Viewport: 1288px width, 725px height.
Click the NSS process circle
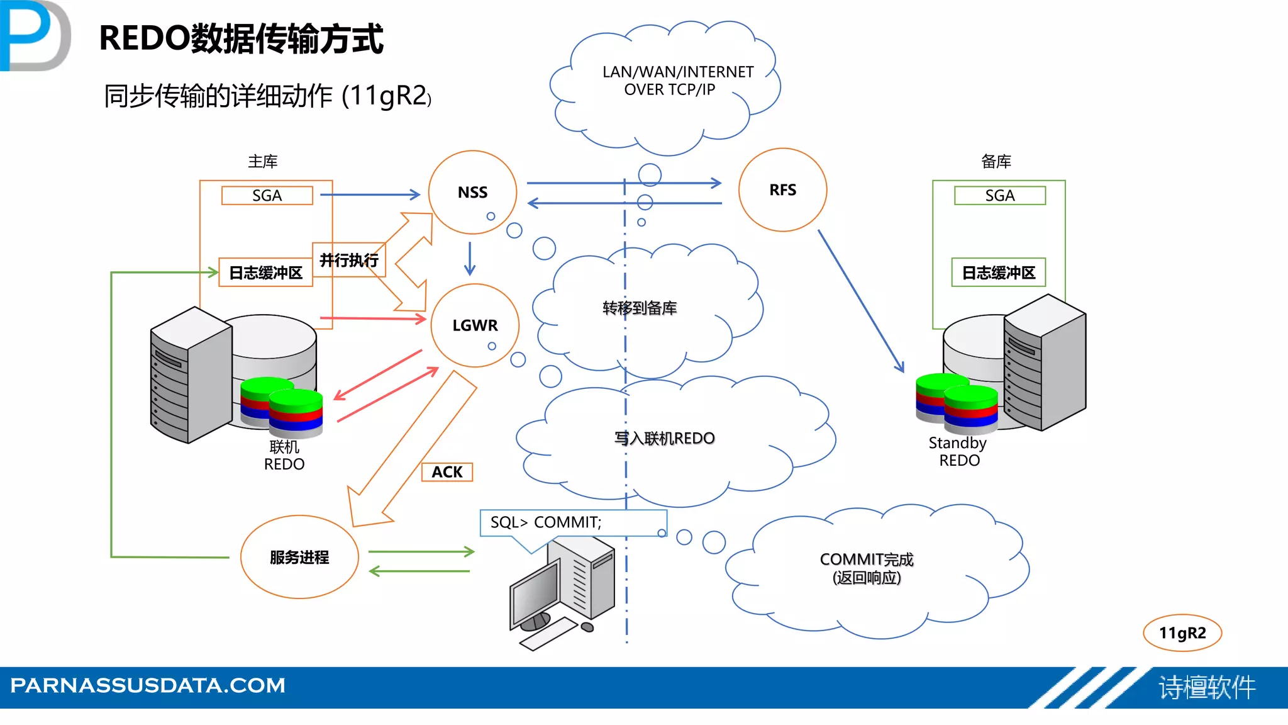point(472,192)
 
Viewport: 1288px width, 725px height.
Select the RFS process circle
point(782,190)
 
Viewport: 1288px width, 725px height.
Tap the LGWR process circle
point(475,325)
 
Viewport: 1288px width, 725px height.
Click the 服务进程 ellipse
point(299,557)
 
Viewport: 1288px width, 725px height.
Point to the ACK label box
point(447,472)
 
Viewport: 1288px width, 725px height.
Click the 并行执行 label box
point(349,260)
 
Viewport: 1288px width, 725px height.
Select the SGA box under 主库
point(267,196)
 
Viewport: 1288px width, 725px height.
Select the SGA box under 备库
point(999,196)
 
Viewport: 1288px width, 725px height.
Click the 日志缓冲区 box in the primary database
point(265,273)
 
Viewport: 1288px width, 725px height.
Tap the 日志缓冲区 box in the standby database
point(998,273)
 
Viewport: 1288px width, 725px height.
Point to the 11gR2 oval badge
point(1182,633)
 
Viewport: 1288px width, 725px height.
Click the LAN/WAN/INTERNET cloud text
point(677,81)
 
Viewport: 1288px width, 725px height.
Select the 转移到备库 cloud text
point(639,308)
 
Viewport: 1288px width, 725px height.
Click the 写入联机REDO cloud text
point(664,438)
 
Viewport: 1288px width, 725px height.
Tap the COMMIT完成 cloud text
point(866,568)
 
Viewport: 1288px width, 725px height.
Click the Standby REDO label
point(958,451)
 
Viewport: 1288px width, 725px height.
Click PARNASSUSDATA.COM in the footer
point(148,685)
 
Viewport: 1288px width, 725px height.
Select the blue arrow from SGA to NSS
point(370,195)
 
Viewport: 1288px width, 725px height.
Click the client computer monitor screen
point(535,592)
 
